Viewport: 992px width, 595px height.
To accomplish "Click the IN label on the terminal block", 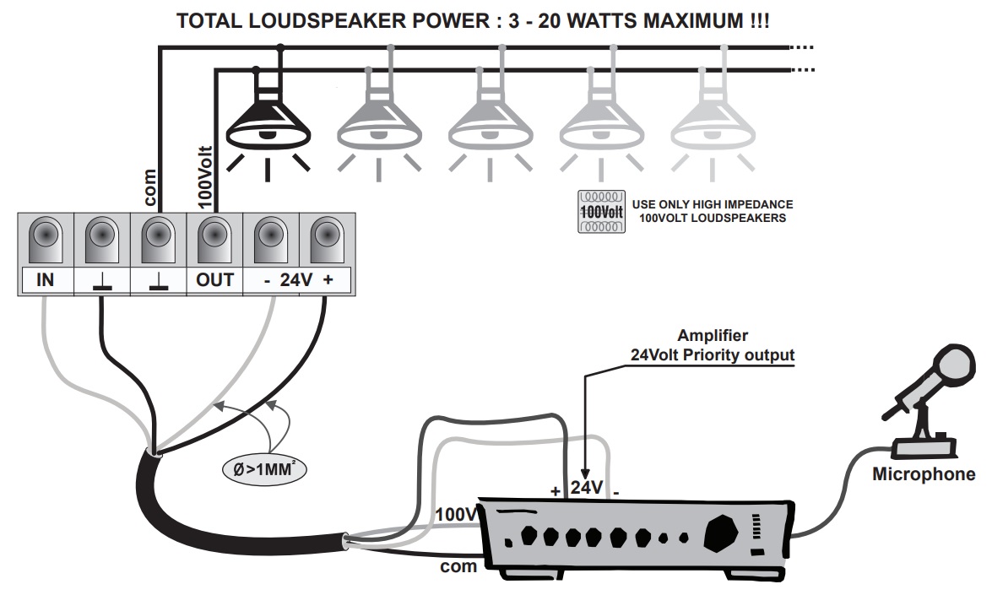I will pyautogui.click(x=46, y=279).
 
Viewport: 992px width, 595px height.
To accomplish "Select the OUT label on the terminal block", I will pyautogui.click(x=214, y=279).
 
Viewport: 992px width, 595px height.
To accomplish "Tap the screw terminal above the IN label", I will pyautogui.click(x=46, y=240).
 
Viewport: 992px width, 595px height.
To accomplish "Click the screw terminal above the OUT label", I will pyautogui.click(x=214, y=240).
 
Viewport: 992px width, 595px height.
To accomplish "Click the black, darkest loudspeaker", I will pyautogui.click(x=268, y=121).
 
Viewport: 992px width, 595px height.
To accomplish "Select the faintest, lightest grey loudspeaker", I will pyautogui.click(x=712, y=121).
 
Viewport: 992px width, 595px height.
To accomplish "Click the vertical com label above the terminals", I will pyautogui.click(x=149, y=188).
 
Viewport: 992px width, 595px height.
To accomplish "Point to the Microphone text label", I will pyautogui.click(x=923, y=475).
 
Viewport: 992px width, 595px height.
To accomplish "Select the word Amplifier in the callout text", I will pyautogui.click(x=712, y=336).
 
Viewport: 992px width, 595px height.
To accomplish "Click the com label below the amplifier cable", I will pyautogui.click(x=458, y=566).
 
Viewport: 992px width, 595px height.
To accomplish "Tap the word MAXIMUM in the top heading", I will pyautogui.click(x=682, y=20).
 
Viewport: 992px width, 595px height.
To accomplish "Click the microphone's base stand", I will pyautogui.click(x=923, y=446).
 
